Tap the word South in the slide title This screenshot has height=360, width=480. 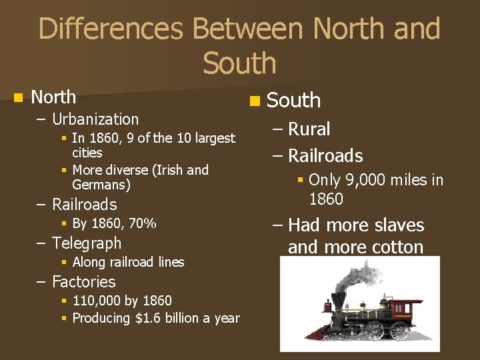click(x=239, y=63)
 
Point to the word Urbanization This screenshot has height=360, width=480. click(x=95, y=119)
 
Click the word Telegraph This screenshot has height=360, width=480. click(x=87, y=243)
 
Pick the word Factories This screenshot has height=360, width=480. click(x=83, y=282)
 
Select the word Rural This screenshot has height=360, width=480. click(x=309, y=129)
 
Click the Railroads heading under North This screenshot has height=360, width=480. click(x=84, y=205)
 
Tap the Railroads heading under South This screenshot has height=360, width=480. click(x=325, y=156)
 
